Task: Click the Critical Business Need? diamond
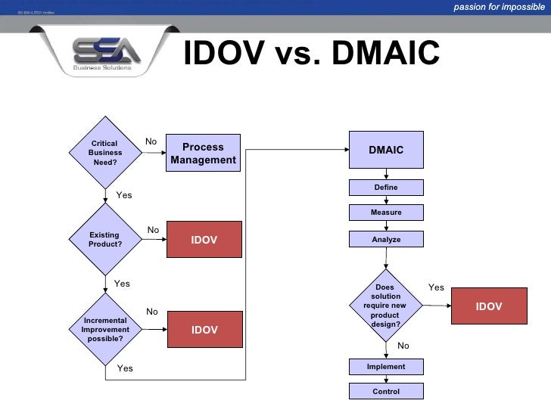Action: [x=104, y=153]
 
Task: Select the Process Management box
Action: [x=204, y=153]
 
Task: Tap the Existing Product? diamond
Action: [x=104, y=240]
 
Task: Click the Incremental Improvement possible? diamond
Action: [x=105, y=330]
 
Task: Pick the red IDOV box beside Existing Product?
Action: [x=204, y=240]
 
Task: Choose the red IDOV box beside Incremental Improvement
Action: [x=204, y=330]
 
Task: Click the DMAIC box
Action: [x=386, y=150]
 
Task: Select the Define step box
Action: [x=386, y=188]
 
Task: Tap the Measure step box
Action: [x=386, y=213]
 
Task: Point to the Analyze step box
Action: [x=386, y=239]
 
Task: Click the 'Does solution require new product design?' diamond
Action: [x=385, y=306]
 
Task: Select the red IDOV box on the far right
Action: [x=489, y=306]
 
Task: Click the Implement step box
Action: [x=386, y=367]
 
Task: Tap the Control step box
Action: [x=386, y=391]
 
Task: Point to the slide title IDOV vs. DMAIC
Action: [x=311, y=54]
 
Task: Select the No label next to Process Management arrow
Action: [x=151, y=141]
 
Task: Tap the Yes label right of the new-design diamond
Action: [x=436, y=287]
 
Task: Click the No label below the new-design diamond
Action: [x=403, y=346]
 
